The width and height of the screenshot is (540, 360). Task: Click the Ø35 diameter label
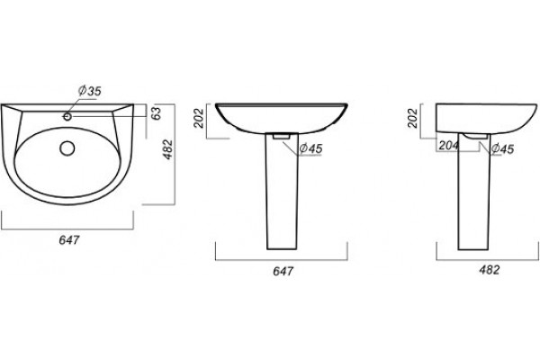pos(89,91)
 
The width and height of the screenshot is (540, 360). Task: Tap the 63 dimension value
pos(157,113)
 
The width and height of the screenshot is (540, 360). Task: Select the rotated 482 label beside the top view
pos(168,149)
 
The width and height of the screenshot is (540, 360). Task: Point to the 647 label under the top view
pos(69,239)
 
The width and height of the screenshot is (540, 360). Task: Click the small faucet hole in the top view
pos(67,117)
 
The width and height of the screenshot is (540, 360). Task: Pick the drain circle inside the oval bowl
pos(67,148)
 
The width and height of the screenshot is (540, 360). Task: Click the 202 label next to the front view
pos(200,118)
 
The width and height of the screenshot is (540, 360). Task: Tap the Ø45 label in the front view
pos(310,148)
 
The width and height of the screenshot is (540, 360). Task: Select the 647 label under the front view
pos(283,271)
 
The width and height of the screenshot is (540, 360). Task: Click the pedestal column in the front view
pos(282,191)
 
